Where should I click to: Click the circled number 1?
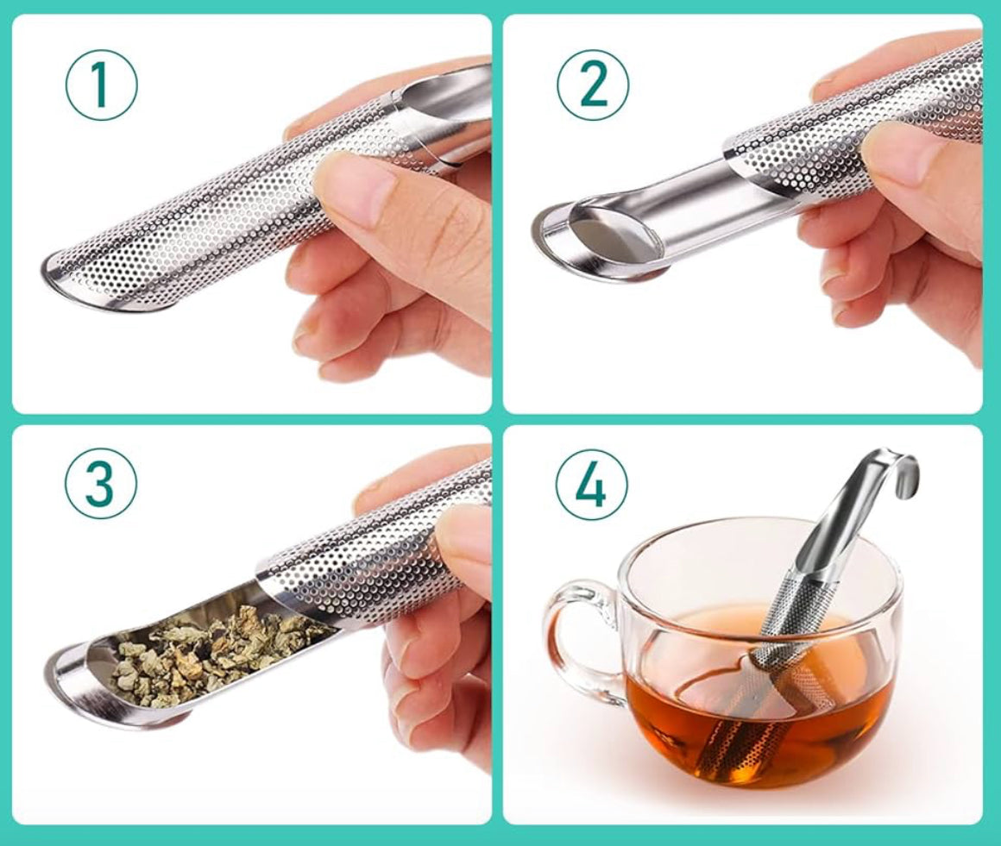[x=101, y=84]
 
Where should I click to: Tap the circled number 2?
[x=592, y=84]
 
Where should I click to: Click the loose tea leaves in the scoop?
[x=216, y=651]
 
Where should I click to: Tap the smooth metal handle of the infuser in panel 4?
[x=841, y=526]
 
